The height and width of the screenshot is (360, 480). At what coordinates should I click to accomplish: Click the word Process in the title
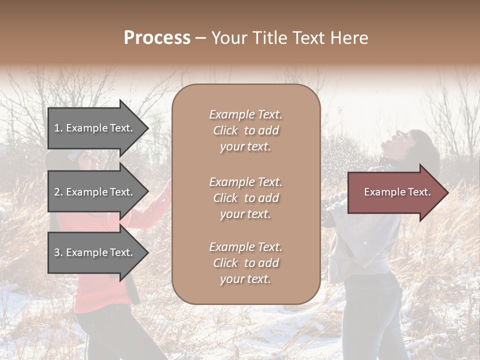pyautogui.click(x=157, y=38)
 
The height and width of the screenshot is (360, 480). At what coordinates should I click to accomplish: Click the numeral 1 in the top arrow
pyautogui.click(x=57, y=128)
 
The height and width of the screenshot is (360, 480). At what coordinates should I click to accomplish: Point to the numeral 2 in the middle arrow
pyautogui.click(x=57, y=192)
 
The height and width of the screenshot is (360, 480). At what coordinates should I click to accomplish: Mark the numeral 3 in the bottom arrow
pyautogui.click(x=57, y=252)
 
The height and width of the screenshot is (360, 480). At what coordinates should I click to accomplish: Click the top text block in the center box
pyautogui.click(x=245, y=130)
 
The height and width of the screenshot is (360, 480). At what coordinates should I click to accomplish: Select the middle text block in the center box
pyautogui.click(x=245, y=198)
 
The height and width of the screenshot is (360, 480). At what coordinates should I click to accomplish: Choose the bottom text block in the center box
pyautogui.click(x=245, y=263)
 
